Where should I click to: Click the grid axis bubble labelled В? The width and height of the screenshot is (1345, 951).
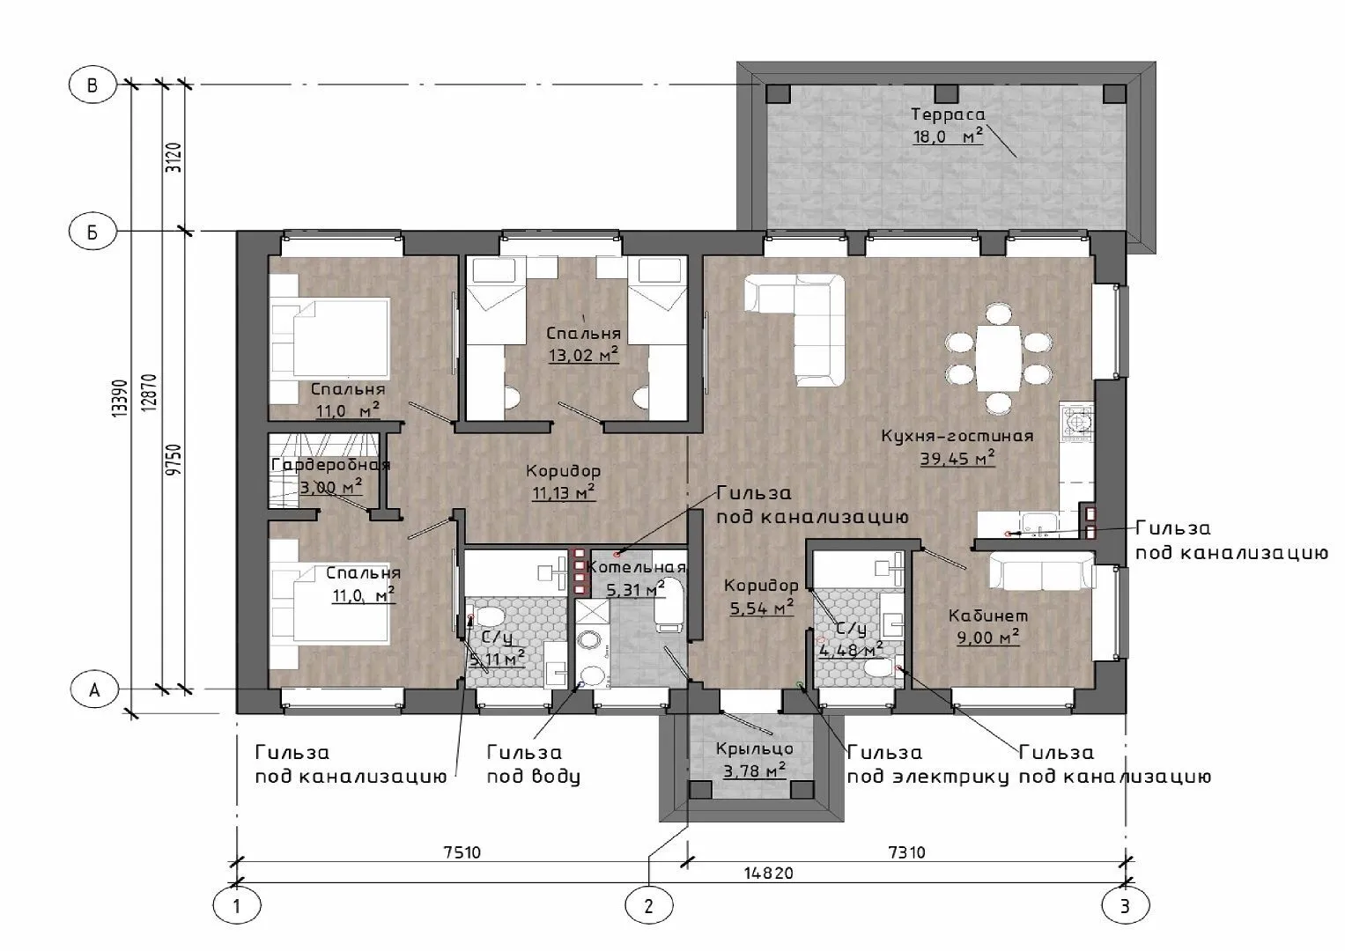coord(92,85)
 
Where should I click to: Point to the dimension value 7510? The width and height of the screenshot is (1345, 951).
coord(462,852)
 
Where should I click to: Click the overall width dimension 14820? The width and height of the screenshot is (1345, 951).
coord(769,873)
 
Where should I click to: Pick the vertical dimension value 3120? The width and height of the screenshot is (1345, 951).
coord(174,158)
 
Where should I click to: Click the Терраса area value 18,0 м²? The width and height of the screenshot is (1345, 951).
coord(948,136)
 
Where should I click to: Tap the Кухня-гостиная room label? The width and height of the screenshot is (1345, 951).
coord(957,435)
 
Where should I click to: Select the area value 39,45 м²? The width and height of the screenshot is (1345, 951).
coord(957,459)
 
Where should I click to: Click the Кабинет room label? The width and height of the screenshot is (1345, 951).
coord(987,616)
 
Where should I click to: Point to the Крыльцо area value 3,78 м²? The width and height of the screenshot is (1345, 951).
coord(755,770)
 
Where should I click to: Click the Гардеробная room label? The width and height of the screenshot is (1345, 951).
coord(331,465)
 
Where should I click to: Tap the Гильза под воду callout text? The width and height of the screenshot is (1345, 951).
coord(533,764)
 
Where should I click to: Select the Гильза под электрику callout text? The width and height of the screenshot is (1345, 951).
coord(927,764)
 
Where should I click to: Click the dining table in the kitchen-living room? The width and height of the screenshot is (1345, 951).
coord(999,358)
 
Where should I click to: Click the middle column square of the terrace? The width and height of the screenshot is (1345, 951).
coord(947,93)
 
